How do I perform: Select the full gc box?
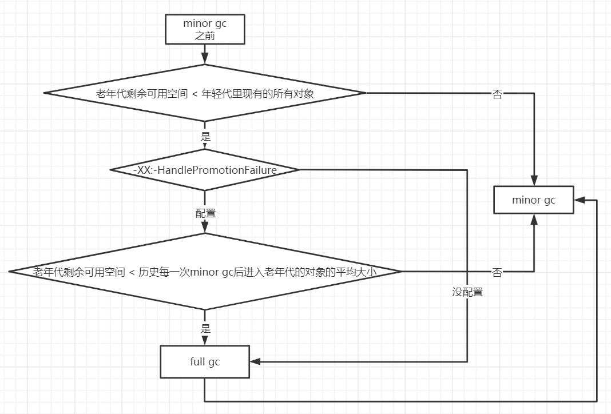(205, 362)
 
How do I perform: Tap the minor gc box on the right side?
(533, 200)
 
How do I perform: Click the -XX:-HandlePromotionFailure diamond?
(205, 170)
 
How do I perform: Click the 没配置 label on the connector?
(467, 292)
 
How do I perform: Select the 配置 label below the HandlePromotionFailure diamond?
(205, 213)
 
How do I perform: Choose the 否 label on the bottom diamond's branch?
(497, 273)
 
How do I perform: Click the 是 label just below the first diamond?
(205, 137)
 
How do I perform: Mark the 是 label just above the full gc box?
(205, 329)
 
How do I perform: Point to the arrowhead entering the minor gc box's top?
(534, 181)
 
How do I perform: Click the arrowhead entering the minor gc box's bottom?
(534, 220)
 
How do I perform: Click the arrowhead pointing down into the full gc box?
(205, 341)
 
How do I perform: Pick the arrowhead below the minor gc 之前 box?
(205, 59)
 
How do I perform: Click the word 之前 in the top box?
(205, 35)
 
